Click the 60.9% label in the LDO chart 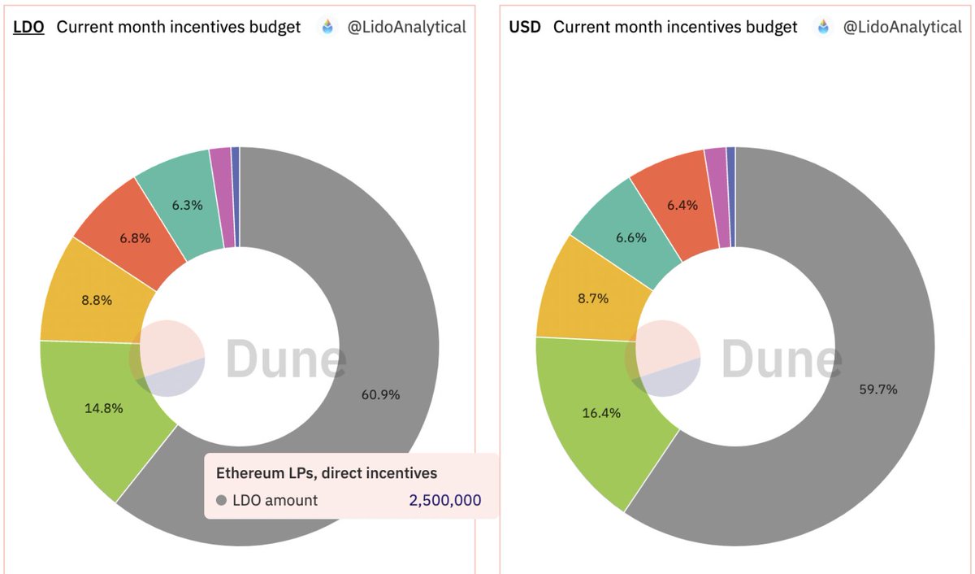380,394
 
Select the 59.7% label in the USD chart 877,389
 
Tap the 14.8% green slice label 103,408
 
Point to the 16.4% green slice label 601,413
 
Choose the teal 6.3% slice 187,205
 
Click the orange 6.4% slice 682,205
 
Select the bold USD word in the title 525,27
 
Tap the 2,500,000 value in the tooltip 444,501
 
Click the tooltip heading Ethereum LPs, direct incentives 327,472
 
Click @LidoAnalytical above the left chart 406,27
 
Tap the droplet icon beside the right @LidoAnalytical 824,27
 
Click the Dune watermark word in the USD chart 780,359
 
